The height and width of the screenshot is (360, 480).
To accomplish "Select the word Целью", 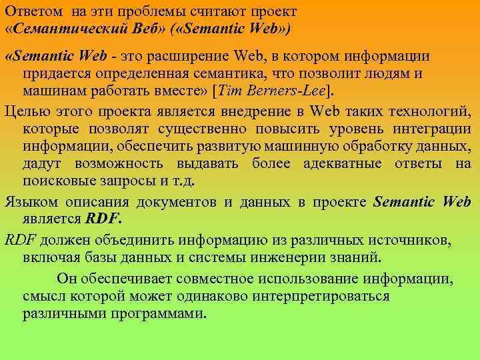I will coord(25,110).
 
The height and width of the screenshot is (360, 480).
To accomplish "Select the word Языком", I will coord(29,201).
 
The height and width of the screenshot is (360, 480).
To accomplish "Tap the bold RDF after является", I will coord(101,218).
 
